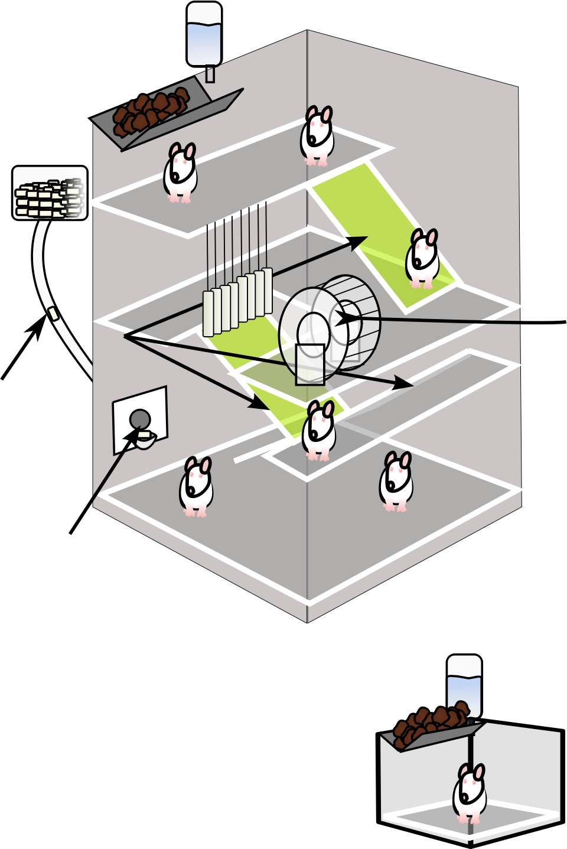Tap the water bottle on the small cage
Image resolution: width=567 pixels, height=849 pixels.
[464, 685]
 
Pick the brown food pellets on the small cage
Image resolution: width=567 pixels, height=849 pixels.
[429, 723]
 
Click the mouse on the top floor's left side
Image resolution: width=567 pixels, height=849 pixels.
[180, 173]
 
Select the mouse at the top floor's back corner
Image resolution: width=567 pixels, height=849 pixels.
[318, 136]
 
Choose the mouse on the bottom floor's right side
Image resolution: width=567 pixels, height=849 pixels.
[396, 482]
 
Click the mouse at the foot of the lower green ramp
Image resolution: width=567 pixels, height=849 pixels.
[319, 431]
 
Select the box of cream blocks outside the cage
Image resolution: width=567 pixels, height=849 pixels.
[50, 193]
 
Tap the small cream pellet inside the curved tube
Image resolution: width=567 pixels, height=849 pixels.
[54, 313]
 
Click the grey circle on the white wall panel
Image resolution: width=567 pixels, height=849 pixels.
[140, 419]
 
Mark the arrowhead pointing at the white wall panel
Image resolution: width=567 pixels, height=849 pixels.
[133, 434]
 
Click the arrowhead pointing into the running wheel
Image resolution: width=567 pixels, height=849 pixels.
[343, 318]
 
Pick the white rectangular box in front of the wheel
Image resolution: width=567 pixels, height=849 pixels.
[310, 365]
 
